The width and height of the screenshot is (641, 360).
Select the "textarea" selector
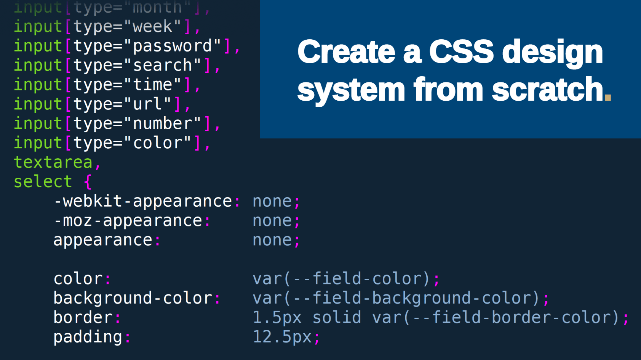click(53, 162)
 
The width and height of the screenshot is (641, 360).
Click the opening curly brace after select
click(88, 182)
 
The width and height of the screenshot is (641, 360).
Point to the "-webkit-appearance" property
click(143, 201)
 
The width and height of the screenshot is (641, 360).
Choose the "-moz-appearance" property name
click(128, 220)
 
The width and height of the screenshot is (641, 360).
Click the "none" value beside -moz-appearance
click(272, 220)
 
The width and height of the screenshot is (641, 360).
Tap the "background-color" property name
click(133, 298)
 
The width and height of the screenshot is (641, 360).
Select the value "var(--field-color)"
click(342, 278)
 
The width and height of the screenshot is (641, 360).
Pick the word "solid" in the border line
click(337, 317)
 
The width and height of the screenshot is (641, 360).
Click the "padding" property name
click(88, 337)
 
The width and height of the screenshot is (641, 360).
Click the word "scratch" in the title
click(547, 90)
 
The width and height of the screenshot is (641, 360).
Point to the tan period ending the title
click(608, 97)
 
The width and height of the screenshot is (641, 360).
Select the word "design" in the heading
click(552, 53)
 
